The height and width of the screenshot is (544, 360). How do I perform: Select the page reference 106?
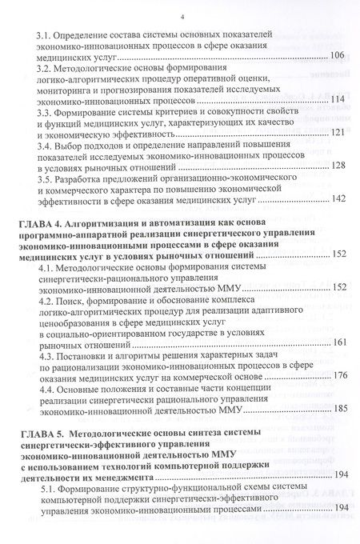pos(337,56)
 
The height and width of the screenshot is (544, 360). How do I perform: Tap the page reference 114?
pos(337,101)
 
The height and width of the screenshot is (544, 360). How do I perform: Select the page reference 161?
pos(337,344)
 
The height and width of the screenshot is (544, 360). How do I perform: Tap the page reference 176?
pos(337,395)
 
